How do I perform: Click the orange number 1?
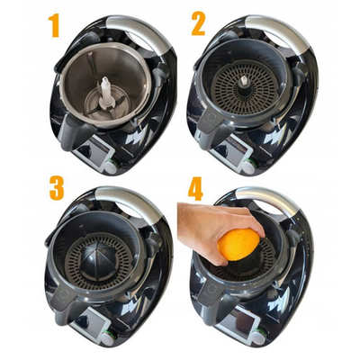[54, 24]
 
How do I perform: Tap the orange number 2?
[198, 22]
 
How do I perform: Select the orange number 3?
[56, 188]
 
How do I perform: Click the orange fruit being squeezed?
[238, 244]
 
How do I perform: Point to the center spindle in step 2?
[245, 80]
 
